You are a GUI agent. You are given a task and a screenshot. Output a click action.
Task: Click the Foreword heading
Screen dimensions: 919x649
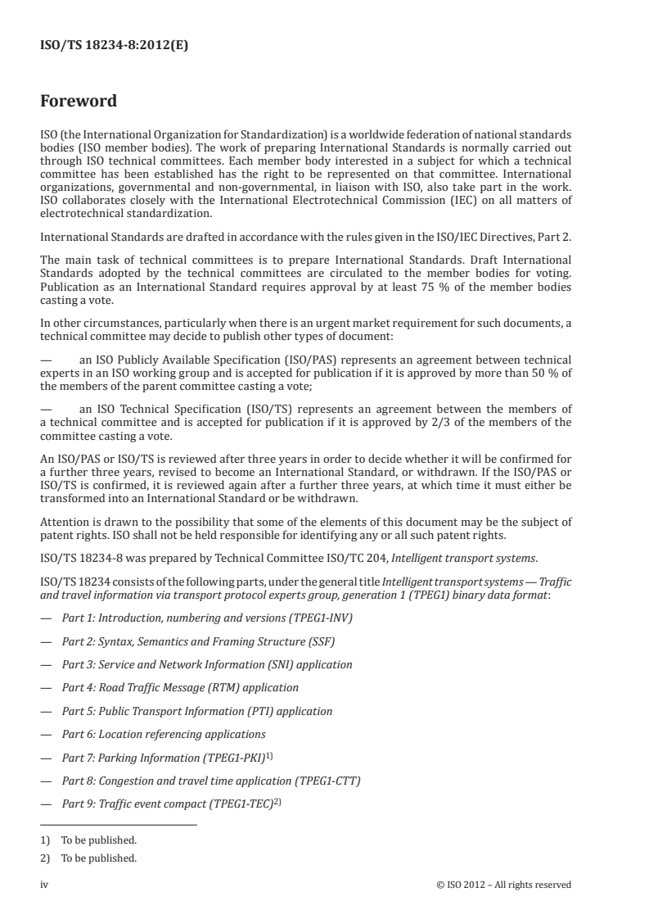pyautogui.click(x=79, y=102)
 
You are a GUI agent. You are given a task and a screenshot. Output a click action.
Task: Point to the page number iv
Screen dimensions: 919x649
pyautogui.click(x=44, y=884)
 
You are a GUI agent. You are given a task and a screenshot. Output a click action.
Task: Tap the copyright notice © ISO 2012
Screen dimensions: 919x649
pyautogui.click(x=503, y=884)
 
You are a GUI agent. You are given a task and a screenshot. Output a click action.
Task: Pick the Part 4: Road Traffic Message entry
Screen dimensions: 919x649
pyautogui.click(x=180, y=687)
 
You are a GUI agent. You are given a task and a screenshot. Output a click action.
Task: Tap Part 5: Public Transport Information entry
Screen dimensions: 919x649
pyautogui.click(x=197, y=711)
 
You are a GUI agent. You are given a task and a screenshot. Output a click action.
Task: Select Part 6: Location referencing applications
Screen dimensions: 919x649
pyautogui.click(x=164, y=734)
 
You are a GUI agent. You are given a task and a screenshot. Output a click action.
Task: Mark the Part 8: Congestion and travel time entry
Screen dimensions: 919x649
pyautogui.click(x=211, y=780)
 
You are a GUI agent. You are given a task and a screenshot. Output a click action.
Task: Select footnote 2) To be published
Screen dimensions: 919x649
pyautogui.click(x=88, y=858)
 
